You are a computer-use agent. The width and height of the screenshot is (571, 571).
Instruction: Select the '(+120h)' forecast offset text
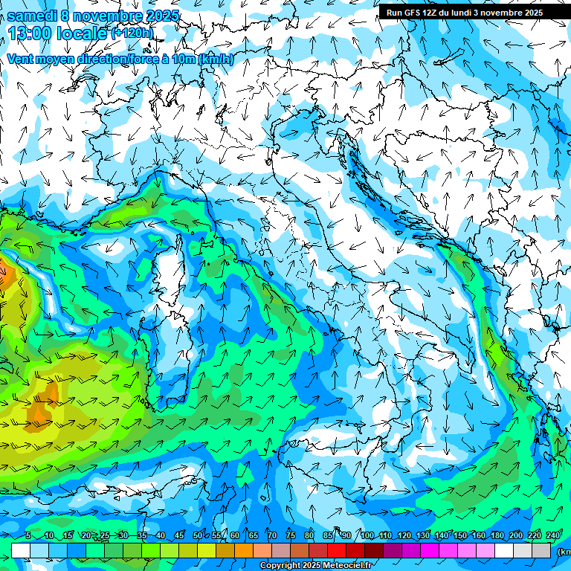(133, 33)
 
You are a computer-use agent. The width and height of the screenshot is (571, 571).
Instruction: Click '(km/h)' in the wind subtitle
(216, 59)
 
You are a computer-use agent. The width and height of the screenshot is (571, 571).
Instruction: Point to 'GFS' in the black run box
(417, 13)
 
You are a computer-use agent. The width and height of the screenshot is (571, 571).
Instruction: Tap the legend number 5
(28, 535)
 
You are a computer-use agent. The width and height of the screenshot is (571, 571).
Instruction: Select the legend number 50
(197, 535)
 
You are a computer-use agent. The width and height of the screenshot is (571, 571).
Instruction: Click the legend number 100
(367, 535)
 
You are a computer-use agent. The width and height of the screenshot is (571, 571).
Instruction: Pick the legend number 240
(552, 535)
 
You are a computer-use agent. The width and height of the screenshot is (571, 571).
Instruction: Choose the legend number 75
(291, 535)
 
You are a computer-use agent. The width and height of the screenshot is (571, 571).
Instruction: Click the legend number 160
(480, 535)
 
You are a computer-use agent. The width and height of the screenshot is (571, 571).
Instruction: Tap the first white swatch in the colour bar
(21, 550)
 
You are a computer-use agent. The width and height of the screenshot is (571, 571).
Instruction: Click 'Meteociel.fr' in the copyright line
(352, 566)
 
